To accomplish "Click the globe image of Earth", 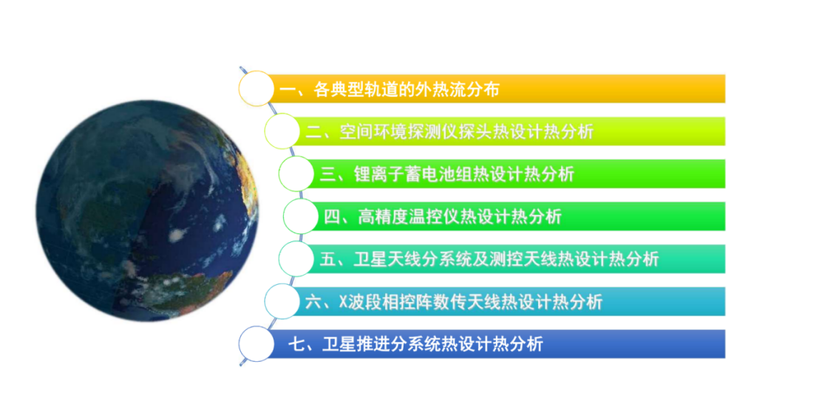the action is [x=147, y=210].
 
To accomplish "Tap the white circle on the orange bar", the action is [x=256, y=89].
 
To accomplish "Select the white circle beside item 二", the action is [x=282, y=131].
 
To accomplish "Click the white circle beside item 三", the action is [x=296, y=174].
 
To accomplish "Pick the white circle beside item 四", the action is [x=301, y=216].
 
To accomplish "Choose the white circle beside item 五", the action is [x=296, y=259].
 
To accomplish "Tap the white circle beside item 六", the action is [x=282, y=302].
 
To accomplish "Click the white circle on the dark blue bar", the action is [x=256, y=344].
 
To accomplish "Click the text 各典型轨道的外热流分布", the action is [x=407, y=89].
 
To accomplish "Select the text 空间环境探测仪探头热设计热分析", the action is [x=466, y=132].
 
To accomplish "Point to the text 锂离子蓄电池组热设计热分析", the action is [x=463, y=174].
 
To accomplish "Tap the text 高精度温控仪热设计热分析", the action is [x=460, y=216].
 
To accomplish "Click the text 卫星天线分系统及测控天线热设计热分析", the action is [x=506, y=259].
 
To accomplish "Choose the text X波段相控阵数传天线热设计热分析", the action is [x=470, y=302].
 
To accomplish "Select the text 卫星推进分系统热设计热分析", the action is [x=432, y=344].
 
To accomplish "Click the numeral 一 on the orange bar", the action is [x=288, y=90].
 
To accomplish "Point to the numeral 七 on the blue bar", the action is [x=296, y=344].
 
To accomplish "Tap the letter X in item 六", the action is [x=343, y=302].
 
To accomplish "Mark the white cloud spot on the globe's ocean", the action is [x=177, y=235].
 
